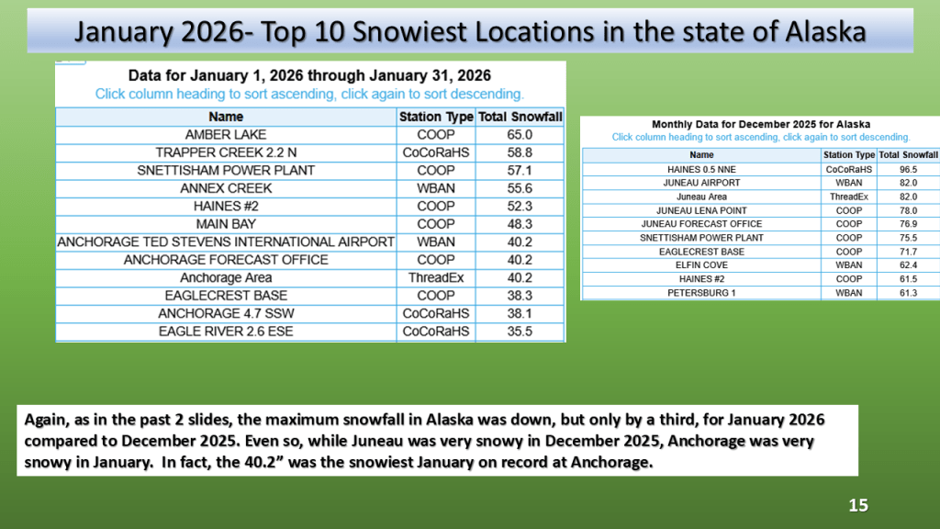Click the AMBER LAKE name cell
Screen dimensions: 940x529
pyautogui.click(x=226, y=135)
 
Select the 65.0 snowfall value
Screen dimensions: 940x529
pyautogui.click(x=520, y=135)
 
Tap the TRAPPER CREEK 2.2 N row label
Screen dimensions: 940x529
pyautogui.click(x=226, y=153)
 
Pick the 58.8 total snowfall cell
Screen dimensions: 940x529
pyautogui.click(x=520, y=153)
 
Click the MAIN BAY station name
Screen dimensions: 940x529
pyautogui.click(x=226, y=224)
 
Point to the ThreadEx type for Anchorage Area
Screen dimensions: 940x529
pyautogui.click(x=436, y=277)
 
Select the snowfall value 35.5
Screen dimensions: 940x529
pyautogui.click(x=520, y=332)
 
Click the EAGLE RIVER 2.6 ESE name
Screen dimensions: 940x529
pyautogui.click(x=226, y=332)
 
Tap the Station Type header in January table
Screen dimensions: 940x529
pyautogui.click(x=436, y=117)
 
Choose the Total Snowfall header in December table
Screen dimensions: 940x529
pyautogui.click(x=908, y=154)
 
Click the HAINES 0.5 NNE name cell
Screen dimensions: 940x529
pyautogui.click(x=701, y=170)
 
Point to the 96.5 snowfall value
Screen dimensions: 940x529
pyautogui.click(x=908, y=170)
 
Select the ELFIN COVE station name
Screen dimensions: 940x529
pyautogui.click(x=701, y=265)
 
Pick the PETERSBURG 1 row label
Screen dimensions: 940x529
pyautogui.click(x=701, y=293)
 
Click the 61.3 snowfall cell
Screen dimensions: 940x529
pyautogui.click(x=908, y=293)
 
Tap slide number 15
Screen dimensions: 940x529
pyautogui.click(x=858, y=506)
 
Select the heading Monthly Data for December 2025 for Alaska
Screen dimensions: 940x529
pyautogui.click(x=761, y=124)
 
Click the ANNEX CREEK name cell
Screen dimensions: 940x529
pyautogui.click(x=226, y=188)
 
